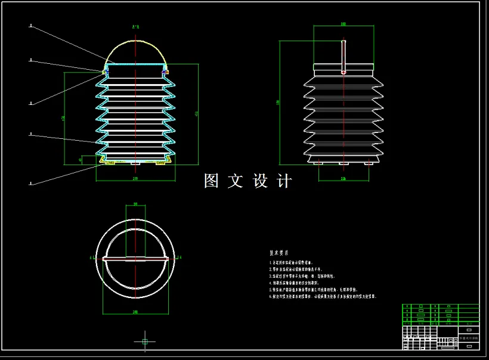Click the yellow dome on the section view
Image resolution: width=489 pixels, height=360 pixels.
click(136, 44)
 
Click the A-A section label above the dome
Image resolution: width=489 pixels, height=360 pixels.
click(136, 27)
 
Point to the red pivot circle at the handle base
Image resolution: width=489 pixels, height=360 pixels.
click(343, 72)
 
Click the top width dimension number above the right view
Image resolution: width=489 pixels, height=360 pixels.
click(343, 24)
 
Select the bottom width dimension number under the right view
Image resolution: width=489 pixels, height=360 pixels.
click(343, 178)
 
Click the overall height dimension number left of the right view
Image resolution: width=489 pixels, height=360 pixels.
click(278, 102)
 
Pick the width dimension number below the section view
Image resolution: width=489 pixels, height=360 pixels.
click(135, 178)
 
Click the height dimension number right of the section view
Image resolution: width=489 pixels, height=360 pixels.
click(197, 113)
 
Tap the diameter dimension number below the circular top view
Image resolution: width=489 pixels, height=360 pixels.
click(135, 312)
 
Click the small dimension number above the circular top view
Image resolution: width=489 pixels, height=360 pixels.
click(135, 204)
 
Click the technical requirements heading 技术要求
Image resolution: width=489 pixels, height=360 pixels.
click(279, 253)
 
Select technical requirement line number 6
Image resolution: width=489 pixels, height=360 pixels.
click(323, 296)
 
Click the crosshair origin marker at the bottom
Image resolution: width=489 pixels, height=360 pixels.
click(144, 342)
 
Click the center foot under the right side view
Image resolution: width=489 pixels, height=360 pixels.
click(343, 163)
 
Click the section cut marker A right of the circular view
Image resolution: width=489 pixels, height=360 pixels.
click(179, 257)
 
